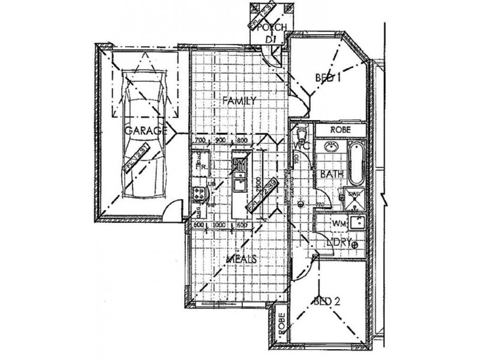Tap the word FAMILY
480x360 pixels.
[239, 100]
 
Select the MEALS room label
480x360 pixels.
[242, 259]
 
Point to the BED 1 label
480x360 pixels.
[328, 77]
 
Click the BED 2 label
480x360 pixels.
[327, 301]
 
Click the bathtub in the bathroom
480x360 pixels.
[356, 163]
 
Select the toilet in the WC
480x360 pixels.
[302, 131]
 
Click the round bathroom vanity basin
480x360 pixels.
[331, 147]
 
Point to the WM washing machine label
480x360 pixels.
[340, 223]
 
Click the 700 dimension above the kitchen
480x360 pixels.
[200, 140]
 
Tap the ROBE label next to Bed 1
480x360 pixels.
[340, 129]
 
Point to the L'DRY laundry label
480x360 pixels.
[340, 242]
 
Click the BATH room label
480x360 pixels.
[331, 174]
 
